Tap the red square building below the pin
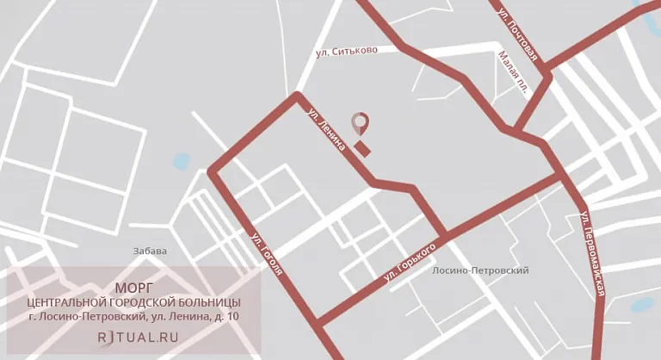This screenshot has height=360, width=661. click(362, 149)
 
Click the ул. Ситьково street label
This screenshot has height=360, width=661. click(347, 52)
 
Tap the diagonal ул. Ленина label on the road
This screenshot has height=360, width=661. click(327, 129)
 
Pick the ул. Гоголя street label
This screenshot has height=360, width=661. click(267, 254)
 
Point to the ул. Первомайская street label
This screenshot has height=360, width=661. click(592, 253)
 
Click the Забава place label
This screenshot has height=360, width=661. click(150, 251)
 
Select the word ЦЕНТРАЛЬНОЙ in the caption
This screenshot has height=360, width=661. click(67, 302)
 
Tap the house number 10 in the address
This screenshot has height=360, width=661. click(233, 317)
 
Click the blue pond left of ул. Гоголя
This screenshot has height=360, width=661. click(181, 161)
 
